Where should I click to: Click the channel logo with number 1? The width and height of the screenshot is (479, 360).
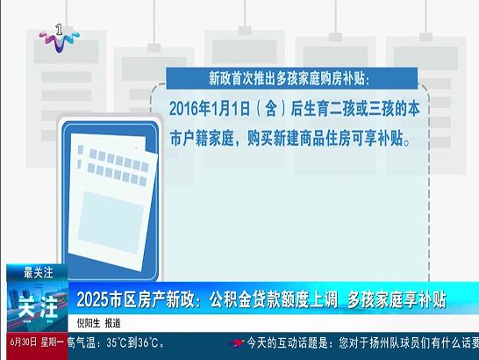click(x=60, y=38)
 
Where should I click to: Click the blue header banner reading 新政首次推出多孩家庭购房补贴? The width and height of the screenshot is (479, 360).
click(x=292, y=78)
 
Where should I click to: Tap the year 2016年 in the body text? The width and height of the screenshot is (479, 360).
click(x=190, y=108)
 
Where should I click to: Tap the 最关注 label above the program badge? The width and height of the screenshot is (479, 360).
click(x=39, y=272)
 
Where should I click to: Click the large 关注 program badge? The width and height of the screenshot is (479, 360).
click(x=38, y=306)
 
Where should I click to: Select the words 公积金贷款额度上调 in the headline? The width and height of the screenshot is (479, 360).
click(x=274, y=299)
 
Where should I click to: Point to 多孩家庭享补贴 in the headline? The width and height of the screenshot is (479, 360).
click(x=397, y=299)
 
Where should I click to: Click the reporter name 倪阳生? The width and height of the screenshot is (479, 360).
click(x=89, y=323)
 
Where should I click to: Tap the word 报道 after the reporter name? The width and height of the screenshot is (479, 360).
click(x=112, y=323)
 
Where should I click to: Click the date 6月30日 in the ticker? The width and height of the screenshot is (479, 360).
click(x=24, y=342)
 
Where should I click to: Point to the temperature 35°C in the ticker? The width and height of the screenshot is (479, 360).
click(x=117, y=342)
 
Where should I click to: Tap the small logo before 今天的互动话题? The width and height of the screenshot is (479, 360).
click(x=237, y=342)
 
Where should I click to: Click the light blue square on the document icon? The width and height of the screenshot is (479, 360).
click(x=111, y=222)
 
